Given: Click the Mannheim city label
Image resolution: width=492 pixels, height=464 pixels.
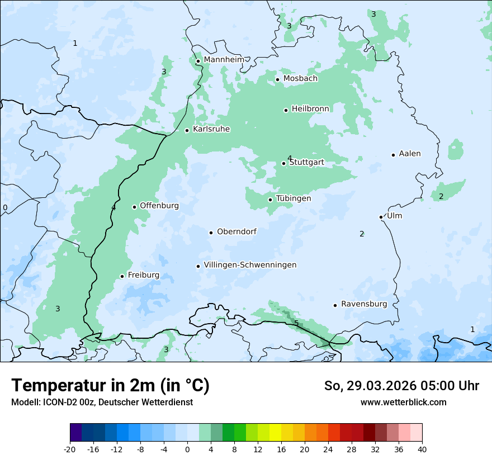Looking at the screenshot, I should click(224, 60).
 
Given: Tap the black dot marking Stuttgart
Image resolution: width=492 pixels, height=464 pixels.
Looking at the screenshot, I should click(284, 163).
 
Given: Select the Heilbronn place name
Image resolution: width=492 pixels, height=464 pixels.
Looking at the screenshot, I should click(310, 108).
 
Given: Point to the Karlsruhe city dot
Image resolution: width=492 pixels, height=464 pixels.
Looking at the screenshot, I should click(187, 130).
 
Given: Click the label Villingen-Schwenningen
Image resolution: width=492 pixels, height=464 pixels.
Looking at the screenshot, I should click(250, 265).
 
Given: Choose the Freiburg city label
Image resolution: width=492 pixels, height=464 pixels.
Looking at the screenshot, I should click(143, 275).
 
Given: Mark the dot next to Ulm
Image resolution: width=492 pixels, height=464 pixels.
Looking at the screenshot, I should click(381, 217).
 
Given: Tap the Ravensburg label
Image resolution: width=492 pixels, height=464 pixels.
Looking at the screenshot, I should click(363, 304).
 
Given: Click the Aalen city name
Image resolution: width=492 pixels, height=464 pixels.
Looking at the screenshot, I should click(409, 154).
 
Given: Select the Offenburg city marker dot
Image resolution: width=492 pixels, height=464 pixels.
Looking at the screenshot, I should click(135, 207).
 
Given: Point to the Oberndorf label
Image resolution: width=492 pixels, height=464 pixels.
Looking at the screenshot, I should click(236, 231).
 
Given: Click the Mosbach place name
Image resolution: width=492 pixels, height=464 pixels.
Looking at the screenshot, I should click(300, 79).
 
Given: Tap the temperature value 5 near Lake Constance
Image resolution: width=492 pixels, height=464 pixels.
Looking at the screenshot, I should click(296, 323).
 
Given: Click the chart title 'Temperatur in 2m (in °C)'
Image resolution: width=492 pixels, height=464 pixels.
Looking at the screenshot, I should click(110, 385).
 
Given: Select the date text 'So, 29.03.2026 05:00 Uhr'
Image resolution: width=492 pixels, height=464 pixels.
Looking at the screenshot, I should click(401, 386).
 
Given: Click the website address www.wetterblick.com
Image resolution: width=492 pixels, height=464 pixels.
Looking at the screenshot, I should click(403, 402).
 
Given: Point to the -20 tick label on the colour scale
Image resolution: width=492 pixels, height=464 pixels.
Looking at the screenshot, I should click(70, 449).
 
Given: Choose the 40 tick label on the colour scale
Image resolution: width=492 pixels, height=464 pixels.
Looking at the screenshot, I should click(422, 449).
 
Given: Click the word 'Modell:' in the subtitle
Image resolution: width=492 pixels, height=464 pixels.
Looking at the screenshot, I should click(25, 402).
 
